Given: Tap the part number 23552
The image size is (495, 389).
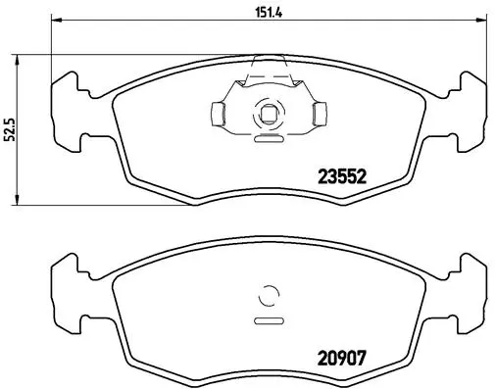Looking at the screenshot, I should tap(341, 178).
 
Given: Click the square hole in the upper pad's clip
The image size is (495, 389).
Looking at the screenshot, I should tap(266, 116).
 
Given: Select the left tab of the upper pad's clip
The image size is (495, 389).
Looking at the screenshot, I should tap(218, 116).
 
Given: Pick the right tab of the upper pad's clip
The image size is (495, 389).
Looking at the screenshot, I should tap(316, 116).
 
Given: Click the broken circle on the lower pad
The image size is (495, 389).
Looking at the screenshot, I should tap(267, 296).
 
